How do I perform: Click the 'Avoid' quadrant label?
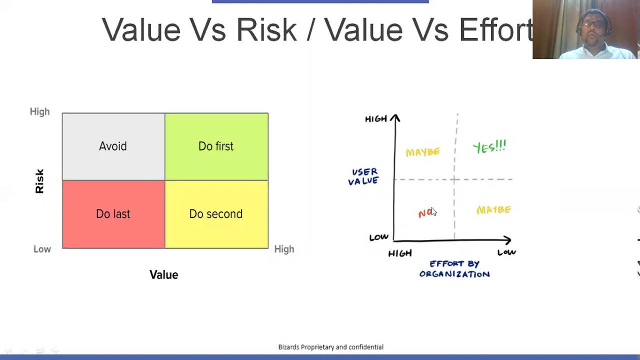point(113,146)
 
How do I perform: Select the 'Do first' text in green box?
point(216,146)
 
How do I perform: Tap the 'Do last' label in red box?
point(113,214)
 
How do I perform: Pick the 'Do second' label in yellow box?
point(216,214)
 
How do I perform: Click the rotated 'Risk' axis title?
point(39,181)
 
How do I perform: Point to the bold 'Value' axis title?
point(163,274)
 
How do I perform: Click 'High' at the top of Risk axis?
point(40,111)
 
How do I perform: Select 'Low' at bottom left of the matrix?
point(42,249)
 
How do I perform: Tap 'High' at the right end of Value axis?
point(284,249)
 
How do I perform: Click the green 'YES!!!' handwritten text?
point(489,147)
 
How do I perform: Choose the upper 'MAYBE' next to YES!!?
point(423,152)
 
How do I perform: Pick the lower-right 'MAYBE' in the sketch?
point(494,210)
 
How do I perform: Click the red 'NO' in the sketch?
point(425,213)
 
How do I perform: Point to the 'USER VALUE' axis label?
point(363,176)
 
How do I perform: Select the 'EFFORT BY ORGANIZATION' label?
point(454,268)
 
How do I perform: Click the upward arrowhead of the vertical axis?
point(395,118)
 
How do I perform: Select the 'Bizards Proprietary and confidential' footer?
point(330,347)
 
